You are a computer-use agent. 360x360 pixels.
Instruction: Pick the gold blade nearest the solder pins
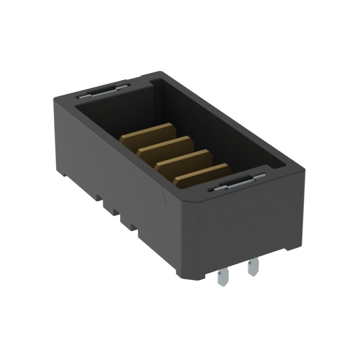click(202, 174)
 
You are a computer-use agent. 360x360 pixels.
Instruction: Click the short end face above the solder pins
click(247, 225)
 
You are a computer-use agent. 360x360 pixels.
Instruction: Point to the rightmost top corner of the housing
click(304, 170)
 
